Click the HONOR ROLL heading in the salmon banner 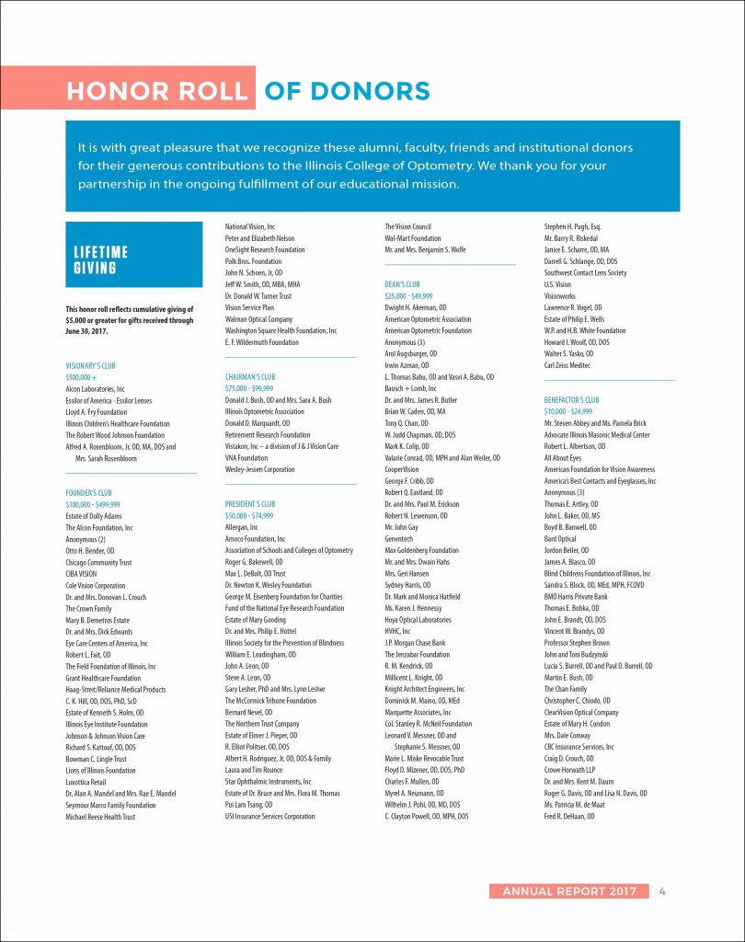[158, 91]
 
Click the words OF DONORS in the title [347, 91]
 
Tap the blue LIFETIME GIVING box [134, 260]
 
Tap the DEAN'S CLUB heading [402, 284]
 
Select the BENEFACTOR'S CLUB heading [571, 400]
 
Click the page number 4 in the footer [662, 890]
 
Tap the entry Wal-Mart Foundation [413, 238]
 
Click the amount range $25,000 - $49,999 [409, 296]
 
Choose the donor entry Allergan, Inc [242, 527]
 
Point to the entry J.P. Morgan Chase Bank [415, 642]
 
